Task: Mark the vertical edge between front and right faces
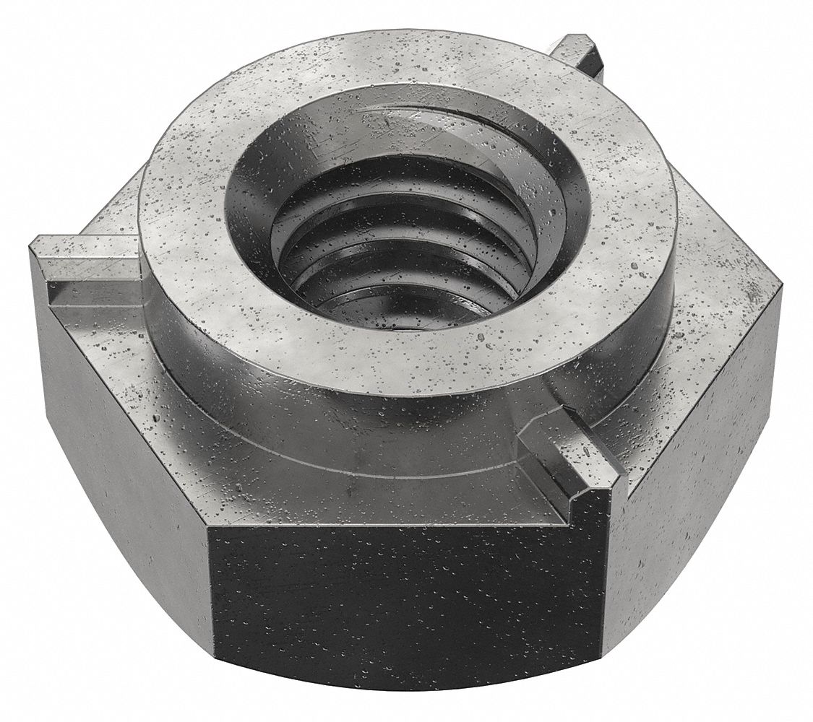tap(604, 578)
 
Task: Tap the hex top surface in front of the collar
tap(361, 491)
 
